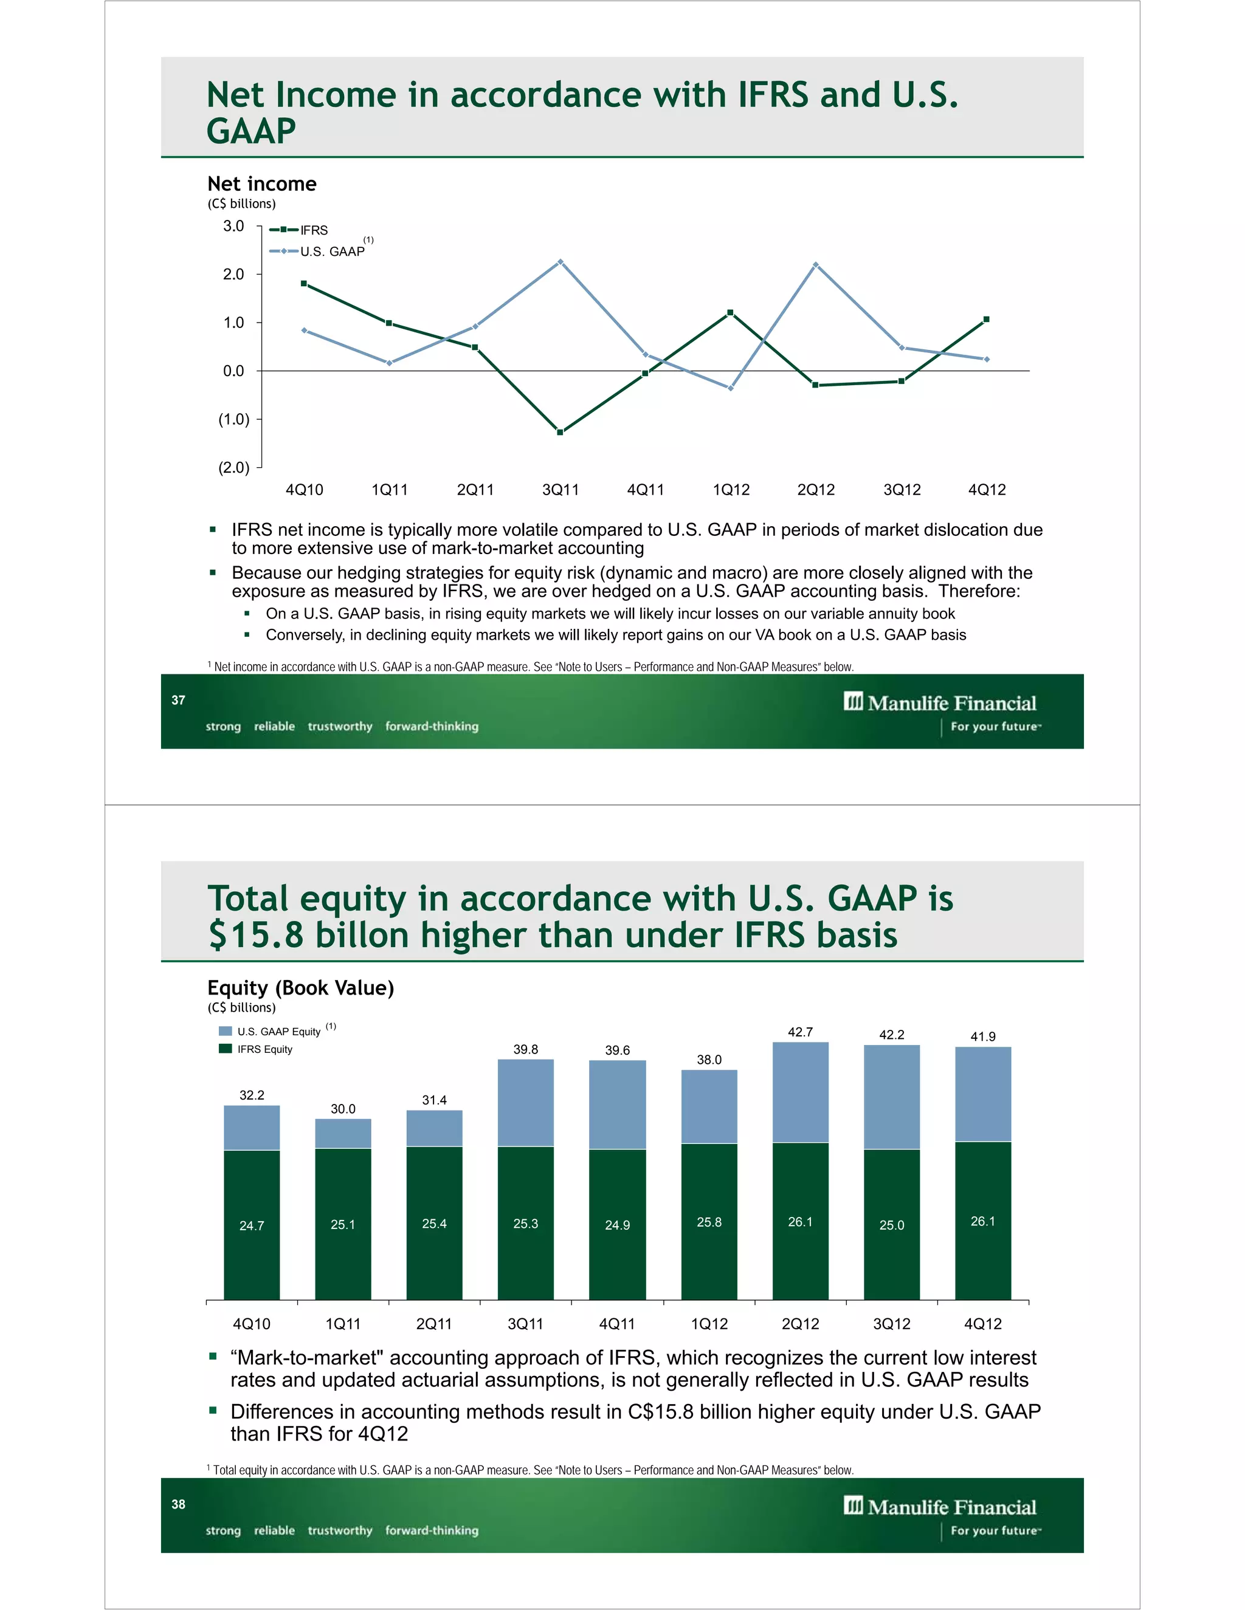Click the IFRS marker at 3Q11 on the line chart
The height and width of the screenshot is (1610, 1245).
[x=560, y=432]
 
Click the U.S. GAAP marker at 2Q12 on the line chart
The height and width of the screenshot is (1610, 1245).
[x=816, y=265]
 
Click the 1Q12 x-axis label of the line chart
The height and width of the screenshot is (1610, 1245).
[x=731, y=490]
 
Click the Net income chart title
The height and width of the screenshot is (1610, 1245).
[x=262, y=183]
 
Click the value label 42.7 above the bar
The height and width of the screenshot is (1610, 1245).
[x=800, y=1032]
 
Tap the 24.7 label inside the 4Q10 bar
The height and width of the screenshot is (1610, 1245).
[x=252, y=1225]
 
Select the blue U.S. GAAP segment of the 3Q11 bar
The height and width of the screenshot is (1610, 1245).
[x=526, y=1102]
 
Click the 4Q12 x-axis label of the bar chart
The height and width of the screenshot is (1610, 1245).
[x=983, y=1323]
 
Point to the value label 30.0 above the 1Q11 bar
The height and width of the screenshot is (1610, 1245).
[x=343, y=1109]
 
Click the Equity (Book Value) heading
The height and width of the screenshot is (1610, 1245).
[x=301, y=987]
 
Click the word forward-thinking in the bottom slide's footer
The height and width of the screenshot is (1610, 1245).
[x=432, y=1530]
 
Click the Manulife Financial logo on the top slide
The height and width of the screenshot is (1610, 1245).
[x=940, y=702]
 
